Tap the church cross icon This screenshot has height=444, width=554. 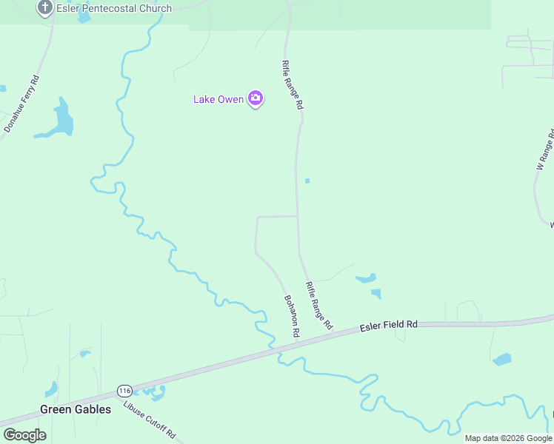[x=44, y=8]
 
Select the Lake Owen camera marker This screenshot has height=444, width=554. [x=256, y=98]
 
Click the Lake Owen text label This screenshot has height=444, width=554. [x=218, y=99]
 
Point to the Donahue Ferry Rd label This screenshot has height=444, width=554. [x=21, y=104]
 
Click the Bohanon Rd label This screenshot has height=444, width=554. [x=291, y=317]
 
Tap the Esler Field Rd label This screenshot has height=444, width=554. [x=389, y=326]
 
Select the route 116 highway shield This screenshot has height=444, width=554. [x=124, y=390]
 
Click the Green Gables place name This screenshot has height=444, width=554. [x=76, y=409]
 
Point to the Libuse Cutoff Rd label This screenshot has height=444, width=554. [x=150, y=420]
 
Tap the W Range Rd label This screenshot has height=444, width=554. [x=545, y=150]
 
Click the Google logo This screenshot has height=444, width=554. [x=24, y=434]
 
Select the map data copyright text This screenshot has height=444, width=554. [x=508, y=438]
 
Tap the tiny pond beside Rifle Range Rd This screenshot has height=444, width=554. [x=307, y=181]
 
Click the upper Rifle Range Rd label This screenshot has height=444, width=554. [x=292, y=85]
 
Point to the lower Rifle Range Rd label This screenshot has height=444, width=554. [x=319, y=305]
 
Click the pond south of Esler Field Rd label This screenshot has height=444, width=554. [x=502, y=360]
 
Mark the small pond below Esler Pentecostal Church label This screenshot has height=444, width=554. [x=84, y=18]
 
